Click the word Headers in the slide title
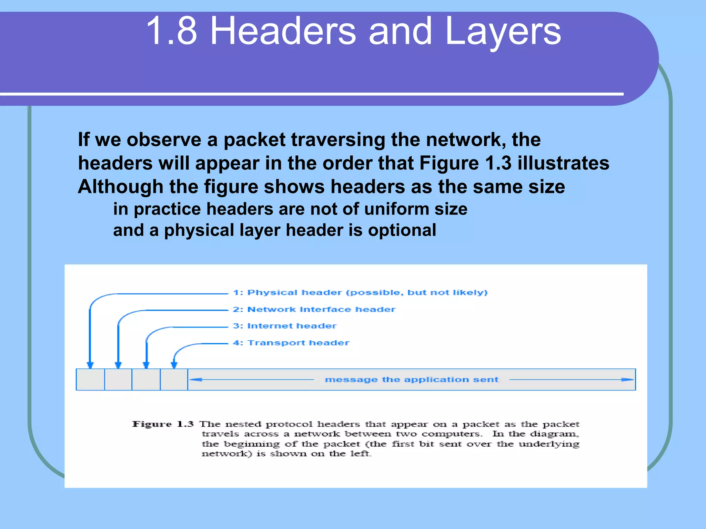coord(283,32)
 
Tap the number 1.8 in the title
coord(171,32)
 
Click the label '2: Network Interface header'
coord(314,309)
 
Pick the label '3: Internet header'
coord(284,326)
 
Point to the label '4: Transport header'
coord(291,343)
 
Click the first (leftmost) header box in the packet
coord(90,380)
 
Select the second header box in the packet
coord(118,380)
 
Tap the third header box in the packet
coord(146,380)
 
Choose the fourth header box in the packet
coord(174,380)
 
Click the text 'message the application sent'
coord(412,380)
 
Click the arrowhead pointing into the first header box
coord(90,365)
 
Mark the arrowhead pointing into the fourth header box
coord(174,365)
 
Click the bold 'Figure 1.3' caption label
coord(163,424)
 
